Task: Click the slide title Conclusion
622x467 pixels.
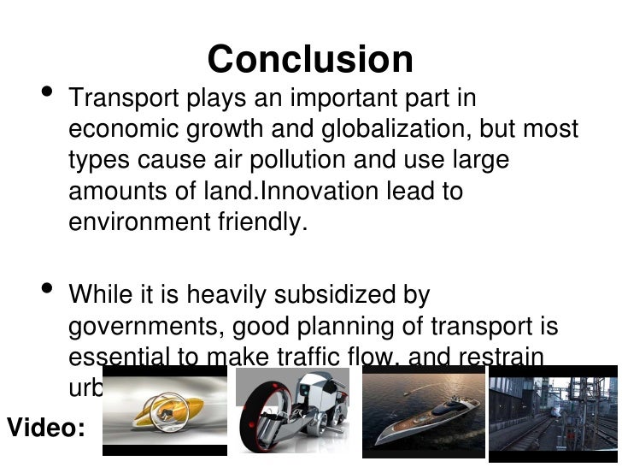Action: point(310,60)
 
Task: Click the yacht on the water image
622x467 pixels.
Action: point(423,412)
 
